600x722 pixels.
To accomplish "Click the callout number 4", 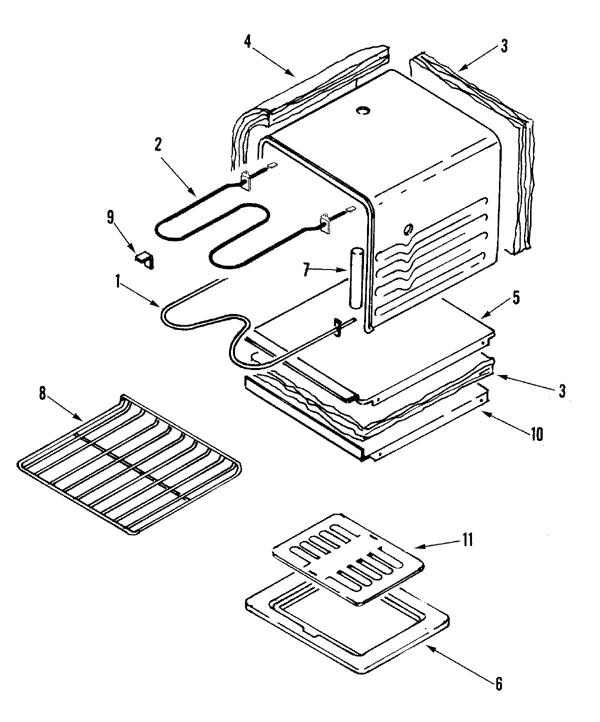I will (247, 41).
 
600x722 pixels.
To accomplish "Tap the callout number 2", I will (158, 145).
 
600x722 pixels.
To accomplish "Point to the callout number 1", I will (118, 283).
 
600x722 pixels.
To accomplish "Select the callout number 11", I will (467, 540).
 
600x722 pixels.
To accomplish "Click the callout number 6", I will (499, 683).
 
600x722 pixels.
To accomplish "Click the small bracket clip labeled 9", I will (145, 259).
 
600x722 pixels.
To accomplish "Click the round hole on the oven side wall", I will (407, 229).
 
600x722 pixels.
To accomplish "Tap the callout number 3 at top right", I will (504, 46).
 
